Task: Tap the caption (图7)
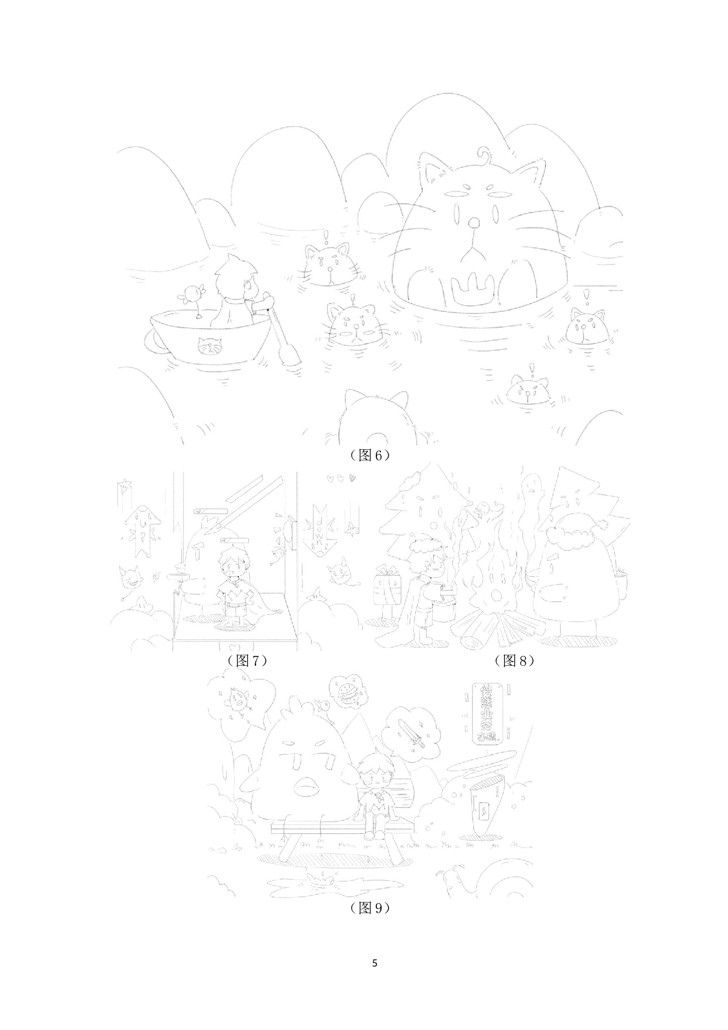point(247,660)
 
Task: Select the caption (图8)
point(514,660)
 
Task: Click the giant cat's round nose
point(473,223)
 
